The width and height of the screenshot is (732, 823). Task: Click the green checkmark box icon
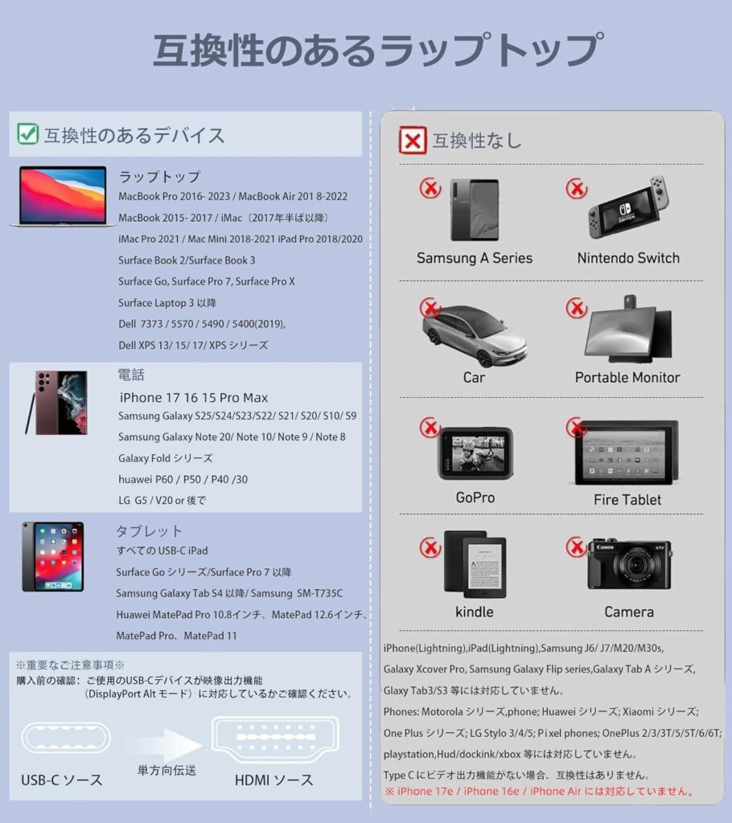tap(28, 134)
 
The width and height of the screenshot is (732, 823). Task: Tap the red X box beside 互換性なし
tap(413, 141)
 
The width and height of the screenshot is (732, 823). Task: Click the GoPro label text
tap(475, 497)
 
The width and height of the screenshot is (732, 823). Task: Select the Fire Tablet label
tap(627, 499)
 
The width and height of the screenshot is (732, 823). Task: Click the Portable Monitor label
tap(627, 377)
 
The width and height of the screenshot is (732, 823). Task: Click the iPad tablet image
tap(52, 556)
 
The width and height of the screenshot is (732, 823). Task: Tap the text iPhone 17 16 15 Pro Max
tap(193, 398)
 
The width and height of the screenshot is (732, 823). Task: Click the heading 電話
tap(131, 375)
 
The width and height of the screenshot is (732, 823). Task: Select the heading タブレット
tap(150, 531)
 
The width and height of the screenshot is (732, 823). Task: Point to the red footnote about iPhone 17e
tap(539, 792)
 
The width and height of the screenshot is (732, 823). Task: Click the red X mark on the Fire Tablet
tap(576, 427)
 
